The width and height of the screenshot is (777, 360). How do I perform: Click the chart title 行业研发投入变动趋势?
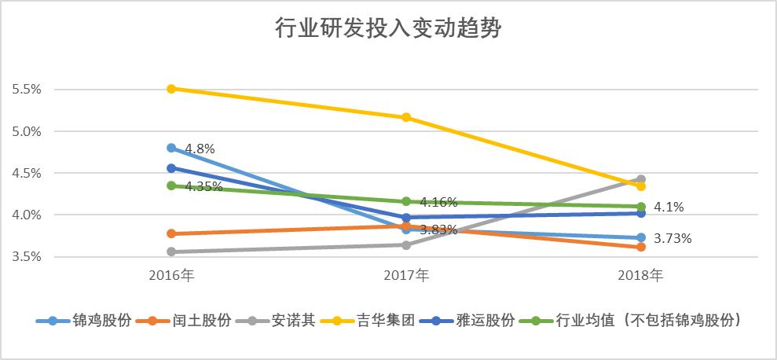point(388,29)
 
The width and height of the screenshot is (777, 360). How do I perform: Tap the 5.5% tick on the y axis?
point(27,90)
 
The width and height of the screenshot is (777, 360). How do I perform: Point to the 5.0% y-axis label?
point(27,131)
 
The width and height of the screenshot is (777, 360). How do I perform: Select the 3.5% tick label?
point(27,256)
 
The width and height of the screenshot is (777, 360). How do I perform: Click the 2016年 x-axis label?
point(171,276)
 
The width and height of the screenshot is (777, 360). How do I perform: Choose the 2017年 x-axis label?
point(406,276)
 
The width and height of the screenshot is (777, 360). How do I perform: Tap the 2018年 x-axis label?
point(641,276)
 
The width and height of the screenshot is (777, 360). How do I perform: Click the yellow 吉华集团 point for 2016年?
point(171,89)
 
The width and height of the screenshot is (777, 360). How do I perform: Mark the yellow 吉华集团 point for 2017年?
point(406,117)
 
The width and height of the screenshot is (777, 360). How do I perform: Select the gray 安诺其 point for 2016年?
point(171,252)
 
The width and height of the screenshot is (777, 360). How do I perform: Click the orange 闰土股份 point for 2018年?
point(641,247)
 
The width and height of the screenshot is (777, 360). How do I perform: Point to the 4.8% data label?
point(200,148)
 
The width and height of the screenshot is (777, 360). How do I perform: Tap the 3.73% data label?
point(673,238)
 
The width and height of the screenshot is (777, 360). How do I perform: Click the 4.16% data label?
point(438,202)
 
